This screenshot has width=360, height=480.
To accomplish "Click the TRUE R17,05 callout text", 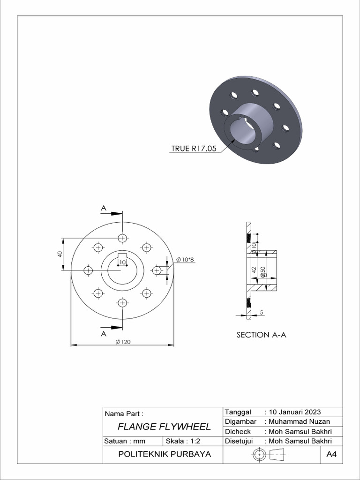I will pyautogui.click(x=194, y=149).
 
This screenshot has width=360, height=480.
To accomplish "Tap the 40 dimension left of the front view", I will pyautogui.click(x=60, y=254).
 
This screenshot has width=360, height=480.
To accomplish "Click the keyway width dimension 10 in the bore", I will pyautogui.click(x=122, y=262).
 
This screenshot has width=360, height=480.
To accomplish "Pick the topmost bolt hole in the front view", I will pyautogui.click(x=122, y=238).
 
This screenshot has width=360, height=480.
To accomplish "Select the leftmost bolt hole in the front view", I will pyautogui.click(x=88, y=270).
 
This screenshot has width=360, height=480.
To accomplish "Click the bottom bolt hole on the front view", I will pyautogui.click(x=122, y=303).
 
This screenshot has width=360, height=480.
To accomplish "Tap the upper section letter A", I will pyautogui.click(x=103, y=208).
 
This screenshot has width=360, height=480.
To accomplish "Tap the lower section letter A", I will pyautogui.click(x=103, y=333).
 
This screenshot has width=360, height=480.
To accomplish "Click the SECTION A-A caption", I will pyautogui.click(x=261, y=335).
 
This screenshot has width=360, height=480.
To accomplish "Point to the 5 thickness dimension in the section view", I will pyautogui.click(x=261, y=312).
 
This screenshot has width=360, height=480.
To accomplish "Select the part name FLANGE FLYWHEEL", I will pyautogui.click(x=164, y=427).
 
